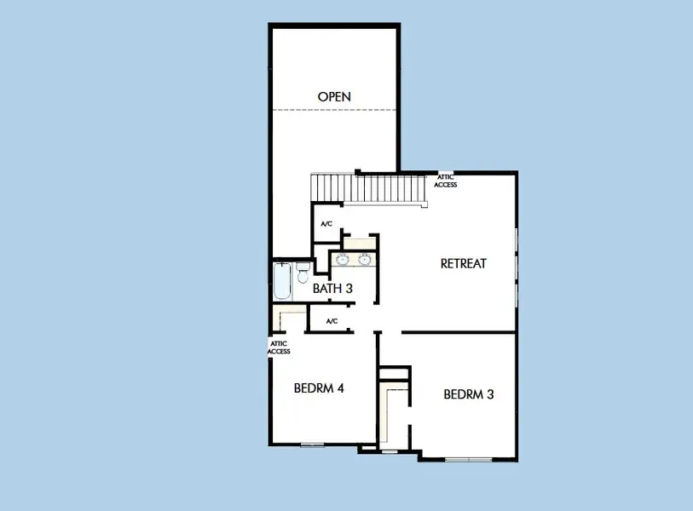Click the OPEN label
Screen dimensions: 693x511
pos(334,97)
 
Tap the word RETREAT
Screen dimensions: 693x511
pos(463,264)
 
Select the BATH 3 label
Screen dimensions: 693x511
pos(332,289)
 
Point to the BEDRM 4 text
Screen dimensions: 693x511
pos(319,388)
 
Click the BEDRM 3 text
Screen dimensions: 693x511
pos(469,394)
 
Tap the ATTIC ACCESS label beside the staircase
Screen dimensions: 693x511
pos(446,181)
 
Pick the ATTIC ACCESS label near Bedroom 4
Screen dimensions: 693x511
pos(279,347)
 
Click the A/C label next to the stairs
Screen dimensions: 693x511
pos(326,224)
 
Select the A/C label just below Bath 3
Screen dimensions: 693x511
pos(332,321)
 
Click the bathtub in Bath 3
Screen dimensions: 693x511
pos(282,281)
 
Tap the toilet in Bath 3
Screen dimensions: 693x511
pos(303,273)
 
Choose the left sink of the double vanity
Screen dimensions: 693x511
pos(343,259)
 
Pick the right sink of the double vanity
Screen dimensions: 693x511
pos(364,259)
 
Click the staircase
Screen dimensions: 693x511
pos(368,189)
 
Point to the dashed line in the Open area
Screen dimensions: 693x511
pos(334,110)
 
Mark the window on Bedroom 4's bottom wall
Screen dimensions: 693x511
pos(312,445)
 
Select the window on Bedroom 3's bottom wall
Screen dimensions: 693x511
pos(469,460)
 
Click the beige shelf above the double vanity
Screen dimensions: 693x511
pos(360,244)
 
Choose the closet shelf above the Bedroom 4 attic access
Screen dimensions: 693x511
pos(289,316)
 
